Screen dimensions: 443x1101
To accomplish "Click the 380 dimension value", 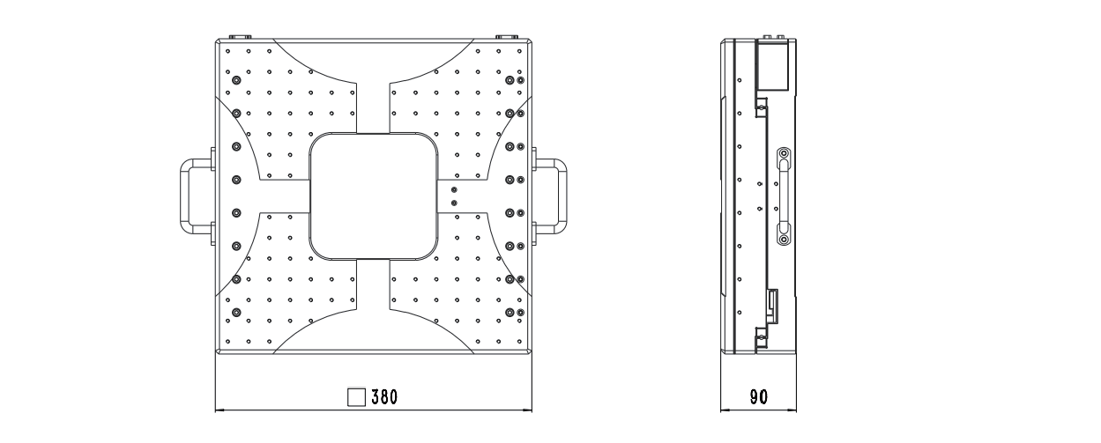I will coord(383,396).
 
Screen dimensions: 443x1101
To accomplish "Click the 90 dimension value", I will coord(758,396).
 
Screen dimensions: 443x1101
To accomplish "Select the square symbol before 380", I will coord(357,396).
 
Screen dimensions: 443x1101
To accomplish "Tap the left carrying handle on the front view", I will coord(191,195).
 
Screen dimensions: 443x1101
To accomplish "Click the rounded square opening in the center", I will coord(374,196).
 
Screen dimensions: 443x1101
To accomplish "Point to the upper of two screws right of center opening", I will coord(454,189).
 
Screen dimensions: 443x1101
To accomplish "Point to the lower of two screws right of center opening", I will coord(454,203).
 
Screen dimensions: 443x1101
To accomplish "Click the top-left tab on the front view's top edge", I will coord(240,37).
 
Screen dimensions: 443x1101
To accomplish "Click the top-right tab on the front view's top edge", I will coord(505,37).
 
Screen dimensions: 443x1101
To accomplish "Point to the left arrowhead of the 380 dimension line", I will coord(219,410).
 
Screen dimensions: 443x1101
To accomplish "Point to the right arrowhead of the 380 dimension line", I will coord(527,410).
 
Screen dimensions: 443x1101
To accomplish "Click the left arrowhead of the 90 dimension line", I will coord(725,410).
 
